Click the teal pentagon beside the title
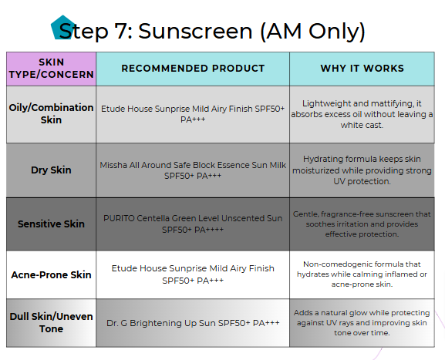62,28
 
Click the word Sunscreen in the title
195,31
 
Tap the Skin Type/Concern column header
51,69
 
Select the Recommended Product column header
193,69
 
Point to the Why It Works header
362,69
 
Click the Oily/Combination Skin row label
51,114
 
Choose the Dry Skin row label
51,170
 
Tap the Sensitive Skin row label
51,224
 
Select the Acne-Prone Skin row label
51,274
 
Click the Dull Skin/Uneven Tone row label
51,322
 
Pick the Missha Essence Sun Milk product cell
193,170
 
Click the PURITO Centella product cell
193,224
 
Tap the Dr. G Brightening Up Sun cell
193,323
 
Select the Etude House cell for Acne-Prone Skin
193,274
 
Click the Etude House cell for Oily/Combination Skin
193,114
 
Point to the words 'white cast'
362,125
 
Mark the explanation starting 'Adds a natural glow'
362,323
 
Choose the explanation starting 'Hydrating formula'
362,170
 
